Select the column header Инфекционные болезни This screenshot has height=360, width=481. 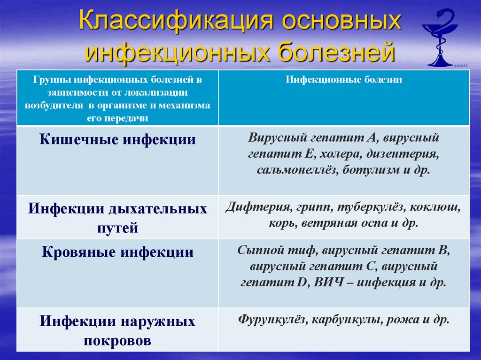point(344,80)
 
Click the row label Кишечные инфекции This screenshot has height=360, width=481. point(117,140)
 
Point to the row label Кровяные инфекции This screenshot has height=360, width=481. point(117,252)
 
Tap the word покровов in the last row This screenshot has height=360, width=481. point(117,341)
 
